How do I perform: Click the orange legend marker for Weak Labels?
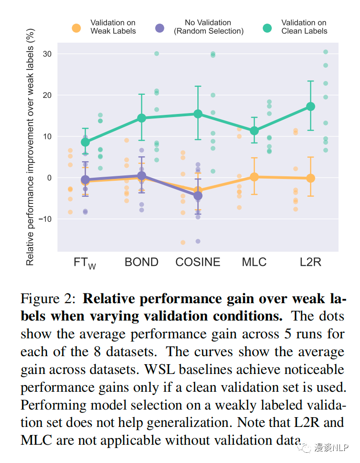click(76, 28)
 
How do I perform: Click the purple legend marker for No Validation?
click(160, 28)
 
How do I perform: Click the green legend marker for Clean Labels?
click(267, 28)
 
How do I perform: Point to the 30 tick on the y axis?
click(47, 54)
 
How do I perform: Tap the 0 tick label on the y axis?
click(49, 178)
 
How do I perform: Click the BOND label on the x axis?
click(141, 262)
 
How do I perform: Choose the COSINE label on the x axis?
click(198, 262)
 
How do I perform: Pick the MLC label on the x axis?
click(254, 262)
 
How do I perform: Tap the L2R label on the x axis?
click(311, 262)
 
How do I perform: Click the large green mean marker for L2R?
click(311, 106)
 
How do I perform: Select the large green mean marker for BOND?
click(141, 118)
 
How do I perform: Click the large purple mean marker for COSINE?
click(198, 195)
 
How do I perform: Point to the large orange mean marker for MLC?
click(254, 177)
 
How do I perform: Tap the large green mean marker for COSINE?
click(198, 114)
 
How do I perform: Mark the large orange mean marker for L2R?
click(311, 178)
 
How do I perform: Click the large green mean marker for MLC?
click(254, 131)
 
